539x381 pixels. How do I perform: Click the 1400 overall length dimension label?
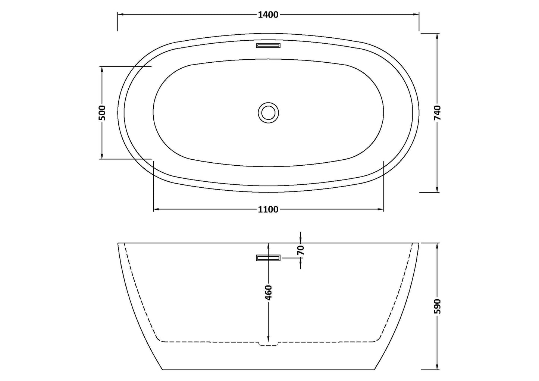[268, 15]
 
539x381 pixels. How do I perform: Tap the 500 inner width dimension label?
[102, 113]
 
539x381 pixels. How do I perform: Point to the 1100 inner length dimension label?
[268, 209]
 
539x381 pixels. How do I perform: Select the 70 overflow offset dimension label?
[301, 250]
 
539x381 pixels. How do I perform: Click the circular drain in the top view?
[268, 112]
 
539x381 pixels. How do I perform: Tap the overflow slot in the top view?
[268, 46]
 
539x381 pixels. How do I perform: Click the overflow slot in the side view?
[268, 258]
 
